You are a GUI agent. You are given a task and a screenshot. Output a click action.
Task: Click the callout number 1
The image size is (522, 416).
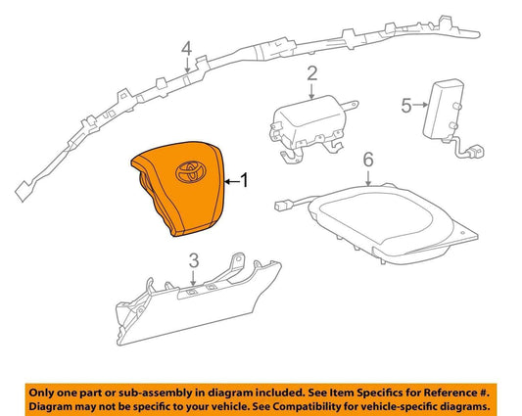point(245,180)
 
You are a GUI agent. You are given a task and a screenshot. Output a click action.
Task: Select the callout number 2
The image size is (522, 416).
point(312,73)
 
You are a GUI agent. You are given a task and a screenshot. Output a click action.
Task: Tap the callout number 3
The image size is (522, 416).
point(194,260)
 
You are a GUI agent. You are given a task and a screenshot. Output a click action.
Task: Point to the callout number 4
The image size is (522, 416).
point(187,48)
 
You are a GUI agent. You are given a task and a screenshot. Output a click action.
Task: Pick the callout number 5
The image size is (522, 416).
point(406,106)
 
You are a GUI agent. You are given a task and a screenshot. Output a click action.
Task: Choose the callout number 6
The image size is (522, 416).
point(368,160)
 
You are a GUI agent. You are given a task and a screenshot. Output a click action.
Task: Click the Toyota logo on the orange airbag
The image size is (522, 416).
point(191,171)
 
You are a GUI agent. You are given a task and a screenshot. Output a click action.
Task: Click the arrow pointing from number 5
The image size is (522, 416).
point(420,105)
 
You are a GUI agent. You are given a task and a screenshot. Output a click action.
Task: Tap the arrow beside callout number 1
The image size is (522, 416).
point(232,181)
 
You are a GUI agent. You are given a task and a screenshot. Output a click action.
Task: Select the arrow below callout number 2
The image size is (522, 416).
point(311,91)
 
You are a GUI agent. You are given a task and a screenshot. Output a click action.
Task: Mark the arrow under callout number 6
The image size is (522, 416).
point(368,178)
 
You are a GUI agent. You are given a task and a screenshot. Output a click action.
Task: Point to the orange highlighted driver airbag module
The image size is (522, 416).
point(178,188)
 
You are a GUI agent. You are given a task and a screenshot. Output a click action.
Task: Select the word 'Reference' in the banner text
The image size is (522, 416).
point(449,393)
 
